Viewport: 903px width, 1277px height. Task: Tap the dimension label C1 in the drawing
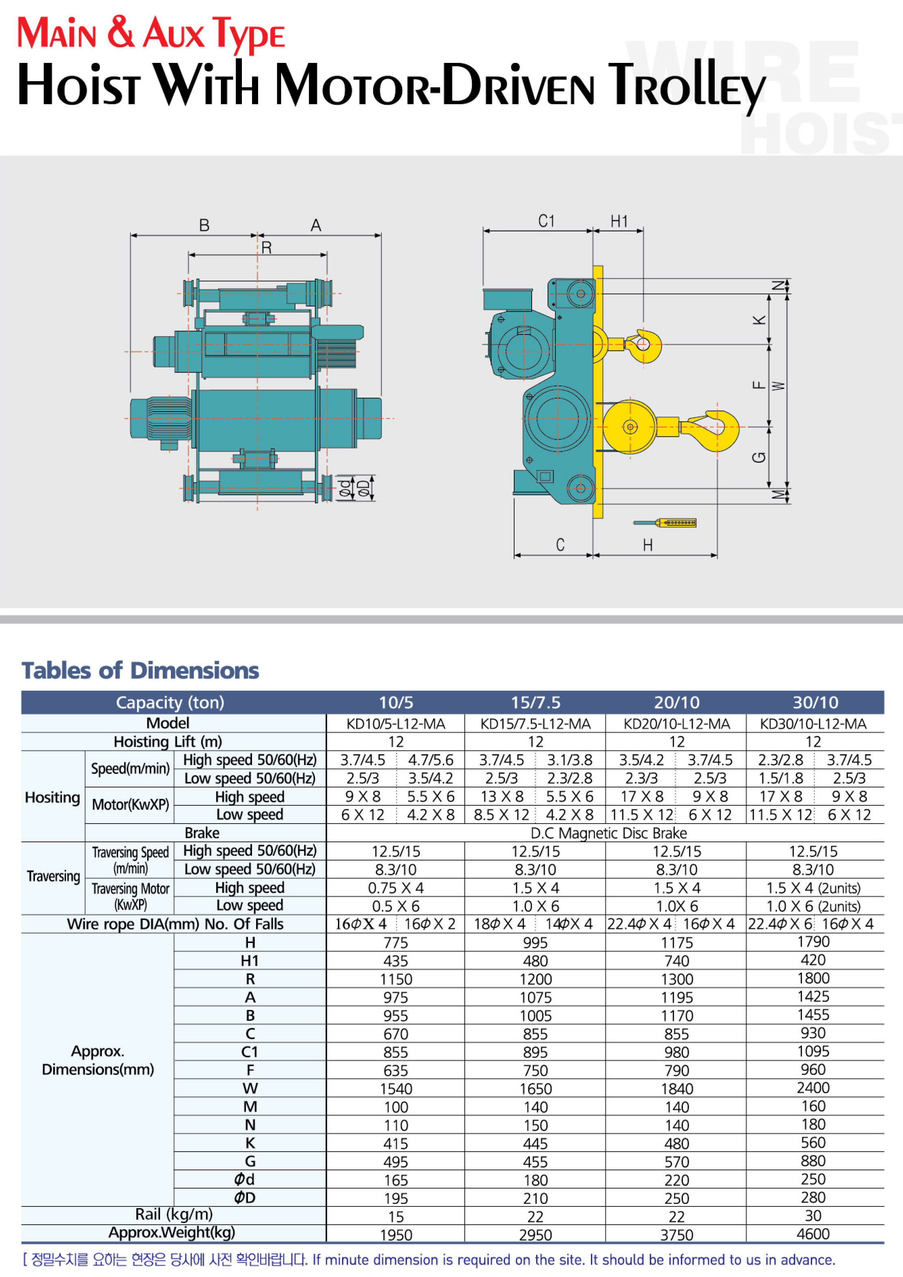tap(547, 221)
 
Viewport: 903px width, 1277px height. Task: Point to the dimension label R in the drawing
tap(266, 248)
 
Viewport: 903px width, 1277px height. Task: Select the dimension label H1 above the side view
tap(619, 221)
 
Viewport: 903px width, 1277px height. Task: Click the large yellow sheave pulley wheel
tap(630, 427)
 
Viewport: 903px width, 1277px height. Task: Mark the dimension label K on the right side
tap(760, 320)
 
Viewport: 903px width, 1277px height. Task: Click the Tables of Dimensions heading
tap(140, 670)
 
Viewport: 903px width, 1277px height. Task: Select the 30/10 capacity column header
tap(815, 703)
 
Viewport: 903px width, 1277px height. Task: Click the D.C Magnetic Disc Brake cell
tap(609, 833)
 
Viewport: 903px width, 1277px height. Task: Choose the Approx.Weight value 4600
tap(813, 1234)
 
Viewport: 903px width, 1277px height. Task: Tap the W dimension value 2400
tap(813, 1088)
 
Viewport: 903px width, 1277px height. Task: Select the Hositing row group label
tap(53, 798)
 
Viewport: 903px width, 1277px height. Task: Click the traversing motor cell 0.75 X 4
tap(395, 888)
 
